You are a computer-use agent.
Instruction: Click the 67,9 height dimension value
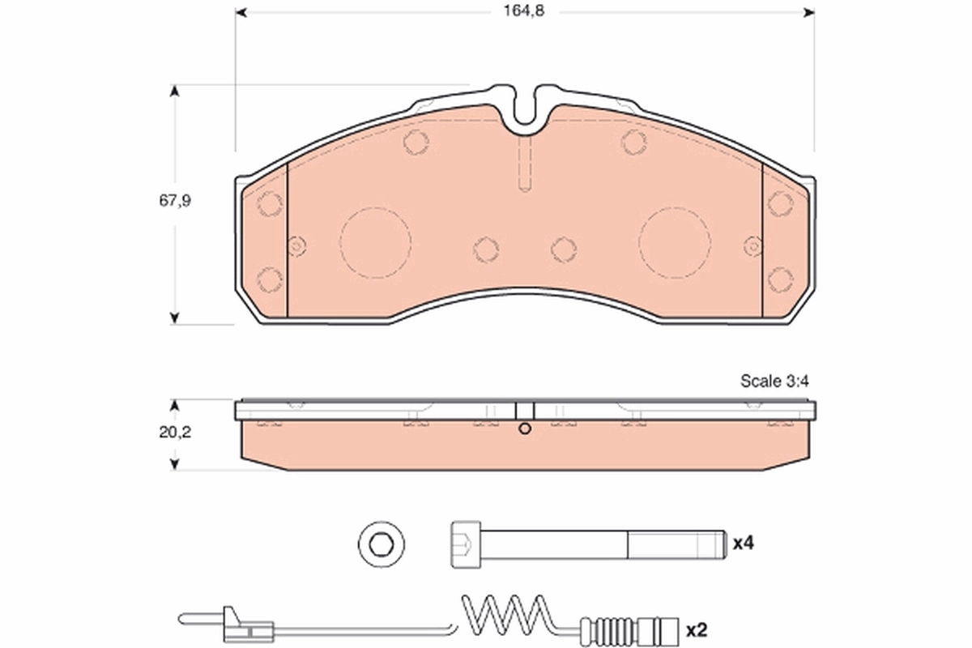coord(174,202)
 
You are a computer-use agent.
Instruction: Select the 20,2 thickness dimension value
coord(174,433)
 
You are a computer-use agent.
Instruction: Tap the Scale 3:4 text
coord(774,382)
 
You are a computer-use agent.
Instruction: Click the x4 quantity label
coord(744,543)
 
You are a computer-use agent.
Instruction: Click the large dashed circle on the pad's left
coord(375,242)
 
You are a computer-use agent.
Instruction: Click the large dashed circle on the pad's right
coord(675,242)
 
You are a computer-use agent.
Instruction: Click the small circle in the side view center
coord(525,429)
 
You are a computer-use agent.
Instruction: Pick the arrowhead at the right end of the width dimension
coord(808,12)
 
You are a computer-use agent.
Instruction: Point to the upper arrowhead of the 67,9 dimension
coord(174,91)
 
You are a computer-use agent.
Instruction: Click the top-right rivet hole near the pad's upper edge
coord(634,142)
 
